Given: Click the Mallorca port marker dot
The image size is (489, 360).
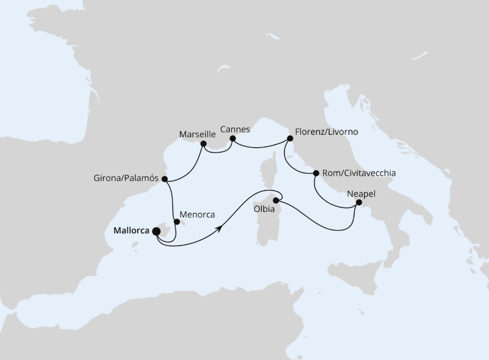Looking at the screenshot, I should click(x=155, y=231).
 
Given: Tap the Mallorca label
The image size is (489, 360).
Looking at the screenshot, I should click(x=132, y=231).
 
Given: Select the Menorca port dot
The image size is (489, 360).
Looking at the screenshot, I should click(x=176, y=222).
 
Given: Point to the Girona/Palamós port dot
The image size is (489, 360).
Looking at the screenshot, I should click(x=164, y=179).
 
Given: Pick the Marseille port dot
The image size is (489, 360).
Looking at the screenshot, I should click(x=203, y=144).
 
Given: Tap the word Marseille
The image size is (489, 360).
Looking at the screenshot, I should click(x=198, y=133).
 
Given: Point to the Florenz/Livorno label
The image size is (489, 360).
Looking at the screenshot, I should click(x=326, y=132).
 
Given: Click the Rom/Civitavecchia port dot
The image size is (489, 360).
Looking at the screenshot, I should click(x=316, y=173).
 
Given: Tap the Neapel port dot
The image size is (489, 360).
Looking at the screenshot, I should click(x=359, y=203).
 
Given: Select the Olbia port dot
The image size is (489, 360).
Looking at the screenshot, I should click(x=276, y=200).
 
